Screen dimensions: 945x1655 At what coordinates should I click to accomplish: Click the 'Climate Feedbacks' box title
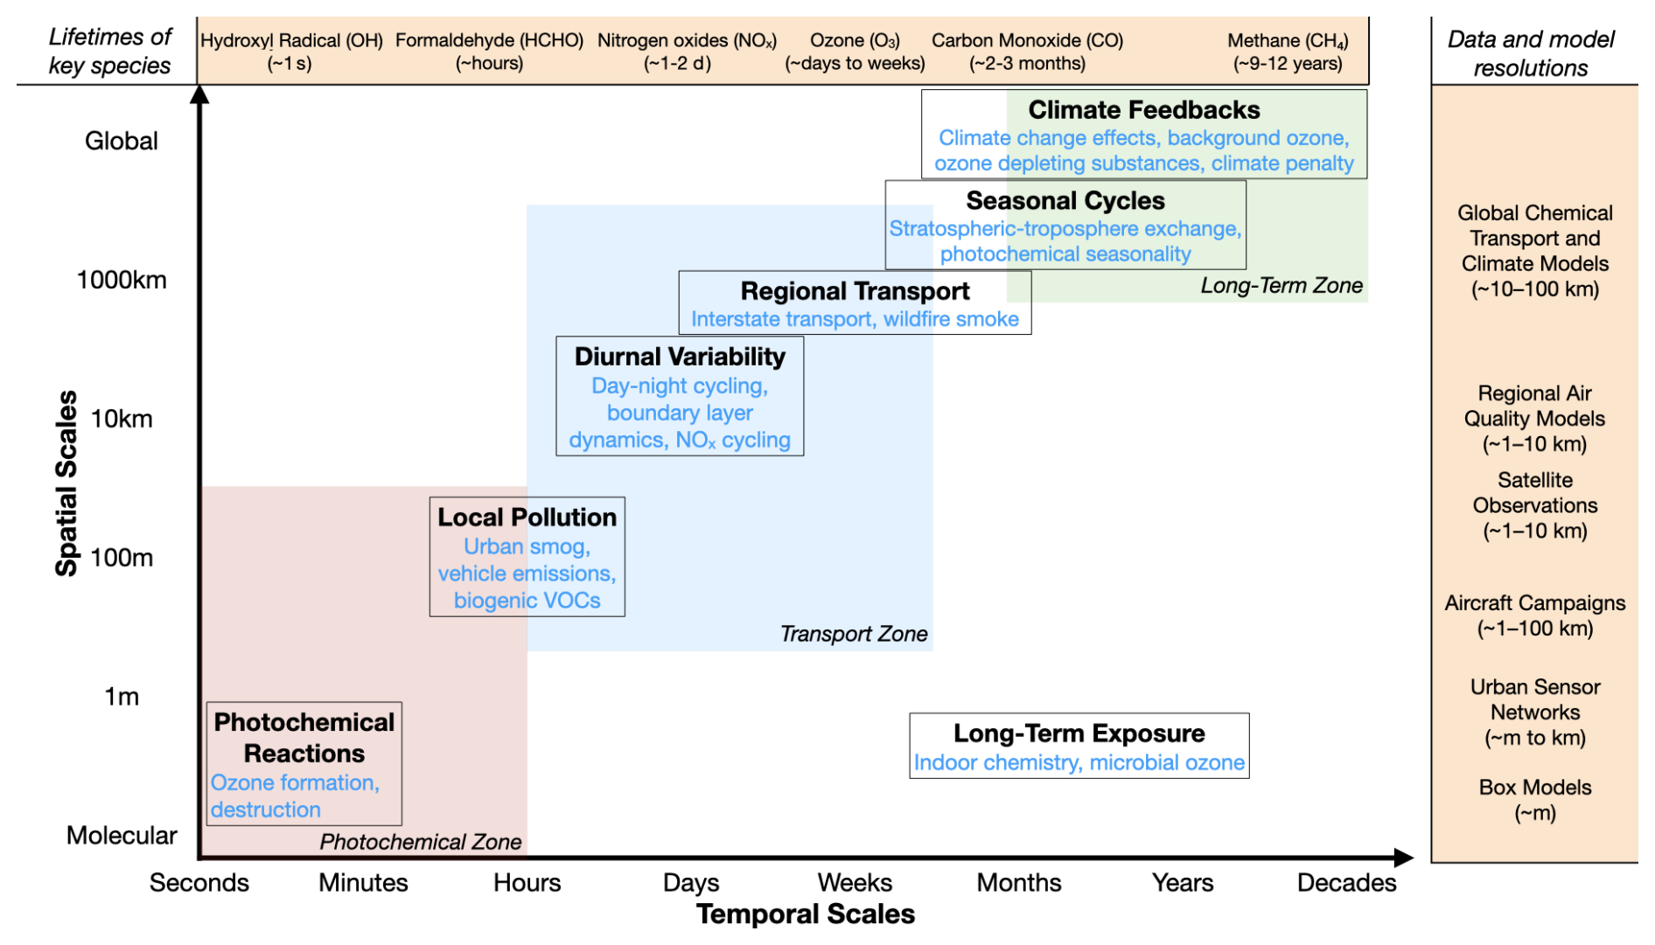click(1143, 110)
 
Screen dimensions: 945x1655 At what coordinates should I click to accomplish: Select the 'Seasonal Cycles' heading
click(1065, 201)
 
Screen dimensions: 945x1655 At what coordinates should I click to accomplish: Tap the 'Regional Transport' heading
click(855, 291)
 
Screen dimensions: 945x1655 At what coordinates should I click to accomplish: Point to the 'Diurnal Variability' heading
click(680, 357)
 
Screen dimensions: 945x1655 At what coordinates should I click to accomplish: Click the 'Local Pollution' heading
click(527, 518)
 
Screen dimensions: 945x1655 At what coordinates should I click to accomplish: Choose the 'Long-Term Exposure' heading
click(1079, 733)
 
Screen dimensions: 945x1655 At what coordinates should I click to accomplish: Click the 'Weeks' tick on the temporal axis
click(855, 883)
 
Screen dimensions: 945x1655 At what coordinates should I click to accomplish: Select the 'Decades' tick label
click(1346, 883)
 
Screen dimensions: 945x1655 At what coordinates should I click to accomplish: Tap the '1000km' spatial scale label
click(122, 280)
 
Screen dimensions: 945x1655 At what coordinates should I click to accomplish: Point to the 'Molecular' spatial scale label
click(122, 836)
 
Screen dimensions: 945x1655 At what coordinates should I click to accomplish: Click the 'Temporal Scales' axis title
click(805, 914)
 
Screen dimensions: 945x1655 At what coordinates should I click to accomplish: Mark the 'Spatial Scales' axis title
click(66, 483)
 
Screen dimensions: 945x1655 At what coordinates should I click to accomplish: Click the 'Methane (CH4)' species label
click(1288, 41)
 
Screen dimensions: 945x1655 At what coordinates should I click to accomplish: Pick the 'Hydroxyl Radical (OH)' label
click(291, 41)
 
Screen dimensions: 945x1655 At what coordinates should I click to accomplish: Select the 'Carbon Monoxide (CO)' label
click(1027, 41)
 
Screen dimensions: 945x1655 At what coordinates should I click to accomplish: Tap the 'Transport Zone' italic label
click(853, 634)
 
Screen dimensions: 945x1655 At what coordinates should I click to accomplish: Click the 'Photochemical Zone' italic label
click(420, 842)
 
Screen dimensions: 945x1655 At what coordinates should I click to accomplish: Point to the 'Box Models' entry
click(1534, 788)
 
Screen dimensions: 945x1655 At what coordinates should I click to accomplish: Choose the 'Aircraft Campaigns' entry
click(1534, 603)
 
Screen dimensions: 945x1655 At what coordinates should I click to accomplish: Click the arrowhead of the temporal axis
click(1404, 858)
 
